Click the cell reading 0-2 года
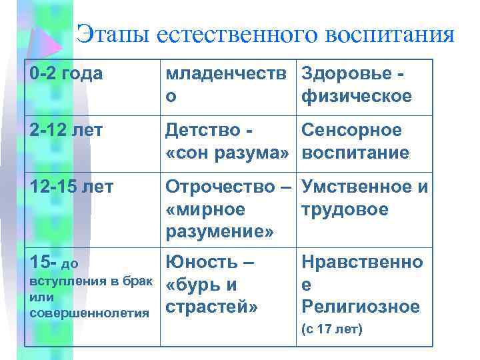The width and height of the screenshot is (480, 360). point(66,74)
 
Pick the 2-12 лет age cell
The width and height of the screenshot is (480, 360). point(66,131)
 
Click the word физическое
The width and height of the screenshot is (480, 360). point(357,96)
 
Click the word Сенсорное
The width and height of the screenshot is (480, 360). point(352,131)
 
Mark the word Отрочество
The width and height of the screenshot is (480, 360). point(222,187)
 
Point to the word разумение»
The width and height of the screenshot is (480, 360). point(219,233)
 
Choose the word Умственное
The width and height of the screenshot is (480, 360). point(356,187)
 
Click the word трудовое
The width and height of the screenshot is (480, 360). point(345,210)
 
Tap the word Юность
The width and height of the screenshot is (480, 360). point(202,262)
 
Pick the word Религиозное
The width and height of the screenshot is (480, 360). point(361,307)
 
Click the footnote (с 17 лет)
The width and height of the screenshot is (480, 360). point(332,330)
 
